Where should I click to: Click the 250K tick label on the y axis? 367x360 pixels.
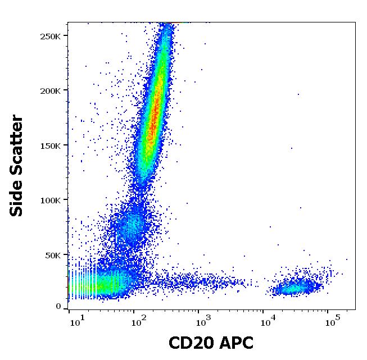click(x=55, y=36)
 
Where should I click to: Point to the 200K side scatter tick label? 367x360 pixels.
click(x=55, y=90)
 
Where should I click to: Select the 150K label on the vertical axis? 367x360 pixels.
click(x=55, y=145)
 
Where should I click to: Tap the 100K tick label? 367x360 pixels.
click(x=55, y=200)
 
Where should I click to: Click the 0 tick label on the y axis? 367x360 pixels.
click(x=58, y=306)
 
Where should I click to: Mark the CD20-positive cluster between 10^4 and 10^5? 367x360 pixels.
click(x=295, y=288)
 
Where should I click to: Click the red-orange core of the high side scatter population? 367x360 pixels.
click(x=152, y=112)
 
